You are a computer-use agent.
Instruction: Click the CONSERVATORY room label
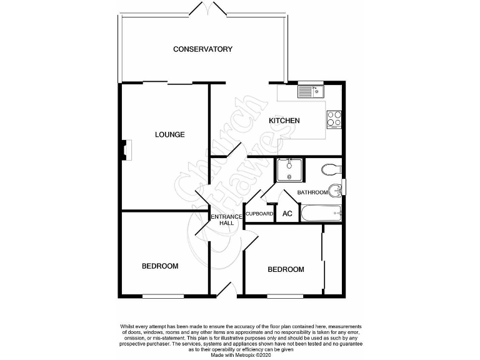(x=202, y=49)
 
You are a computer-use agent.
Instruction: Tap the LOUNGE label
(x=170, y=134)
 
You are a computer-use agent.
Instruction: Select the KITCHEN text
(x=284, y=121)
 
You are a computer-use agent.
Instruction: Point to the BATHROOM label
(x=312, y=192)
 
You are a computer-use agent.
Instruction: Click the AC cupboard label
(x=287, y=214)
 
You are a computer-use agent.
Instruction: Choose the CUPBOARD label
(x=259, y=214)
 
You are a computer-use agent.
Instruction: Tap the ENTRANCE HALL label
(x=222, y=219)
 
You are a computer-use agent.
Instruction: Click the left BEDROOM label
(x=160, y=266)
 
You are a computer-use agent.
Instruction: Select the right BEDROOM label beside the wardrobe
(x=286, y=269)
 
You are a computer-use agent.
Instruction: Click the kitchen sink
(x=309, y=92)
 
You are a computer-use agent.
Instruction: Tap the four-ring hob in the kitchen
(x=334, y=118)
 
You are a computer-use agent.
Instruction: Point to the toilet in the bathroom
(x=329, y=168)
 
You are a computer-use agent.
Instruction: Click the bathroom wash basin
(x=337, y=187)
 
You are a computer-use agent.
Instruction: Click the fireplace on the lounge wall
(x=126, y=150)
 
